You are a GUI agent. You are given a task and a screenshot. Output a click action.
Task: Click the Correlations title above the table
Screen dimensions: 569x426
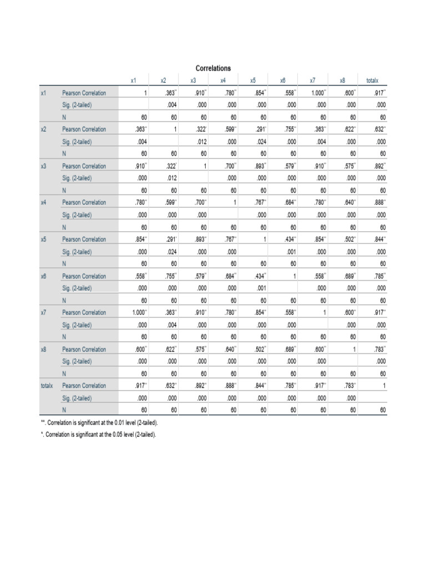click(214, 68)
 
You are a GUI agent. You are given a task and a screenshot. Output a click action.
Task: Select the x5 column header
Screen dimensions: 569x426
click(252, 81)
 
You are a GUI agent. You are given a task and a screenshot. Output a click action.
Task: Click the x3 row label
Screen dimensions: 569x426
click(44, 166)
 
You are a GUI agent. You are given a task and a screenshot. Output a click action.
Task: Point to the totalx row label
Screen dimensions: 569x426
click(47, 386)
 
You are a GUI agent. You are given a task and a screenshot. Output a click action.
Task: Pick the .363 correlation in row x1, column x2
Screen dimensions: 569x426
click(171, 93)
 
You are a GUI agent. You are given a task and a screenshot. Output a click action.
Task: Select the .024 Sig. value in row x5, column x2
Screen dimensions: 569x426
click(170, 252)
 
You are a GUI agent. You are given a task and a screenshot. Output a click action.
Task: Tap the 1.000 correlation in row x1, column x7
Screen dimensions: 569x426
click(319, 93)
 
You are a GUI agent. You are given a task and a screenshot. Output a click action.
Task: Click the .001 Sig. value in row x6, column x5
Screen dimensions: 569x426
click(260, 288)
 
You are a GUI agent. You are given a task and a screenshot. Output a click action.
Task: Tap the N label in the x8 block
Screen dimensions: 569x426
click(64, 374)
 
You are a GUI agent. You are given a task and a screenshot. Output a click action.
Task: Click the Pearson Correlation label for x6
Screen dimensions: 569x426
click(84, 276)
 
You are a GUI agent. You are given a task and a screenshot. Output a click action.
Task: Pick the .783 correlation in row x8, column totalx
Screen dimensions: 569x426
click(380, 350)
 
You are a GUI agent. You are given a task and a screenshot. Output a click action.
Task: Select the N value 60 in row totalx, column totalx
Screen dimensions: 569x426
click(382, 411)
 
